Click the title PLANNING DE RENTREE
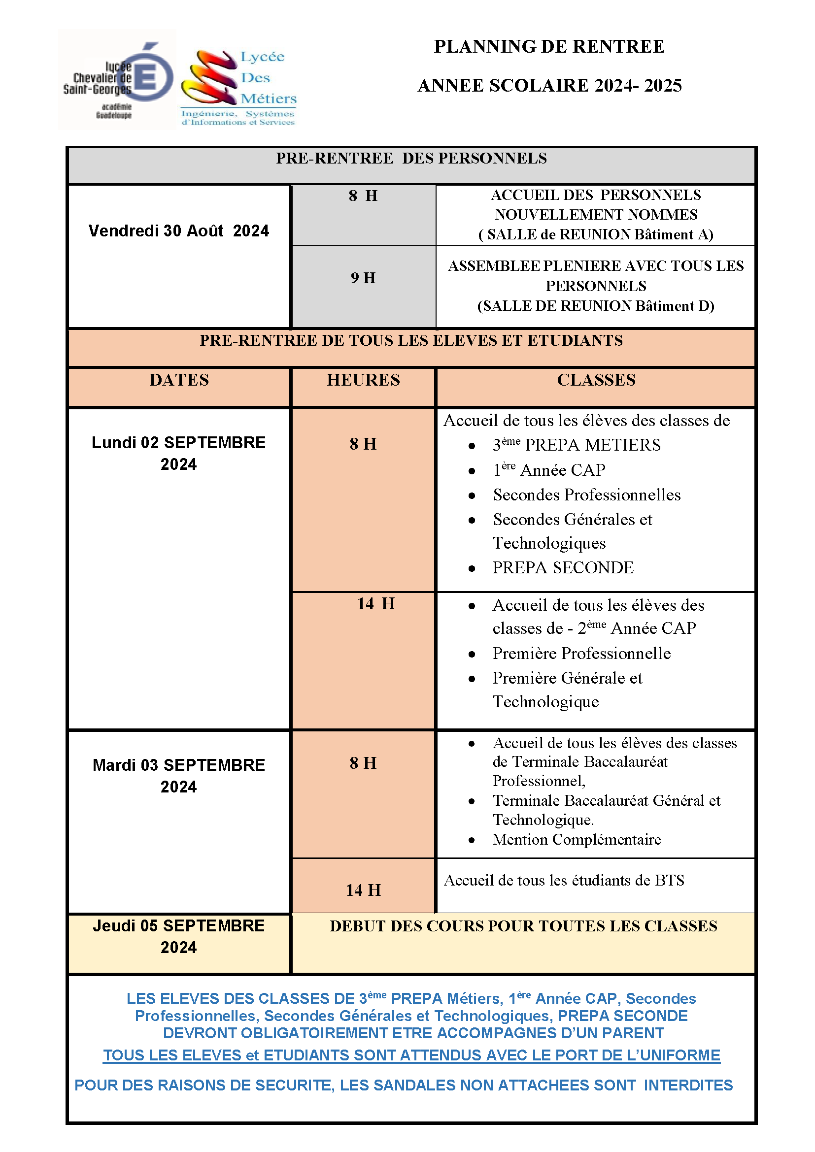click(549, 47)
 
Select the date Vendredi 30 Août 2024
click(179, 231)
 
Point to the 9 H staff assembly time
click(363, 278)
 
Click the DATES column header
click(179, 380)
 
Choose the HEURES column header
click(363, 380)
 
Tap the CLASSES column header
click(596, 380)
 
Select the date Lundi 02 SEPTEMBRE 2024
click(179, 453)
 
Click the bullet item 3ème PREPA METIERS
click(576, 445)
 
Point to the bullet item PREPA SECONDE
click(563, 568)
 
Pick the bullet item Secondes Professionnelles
click(587, 494)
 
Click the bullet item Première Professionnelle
click(581, 653)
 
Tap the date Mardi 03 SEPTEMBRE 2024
click(179, 776)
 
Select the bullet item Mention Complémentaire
click(577, 839)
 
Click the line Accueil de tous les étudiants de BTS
click(564, 880)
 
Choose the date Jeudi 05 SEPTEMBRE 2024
click(179, 936)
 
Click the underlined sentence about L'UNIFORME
click(411, 1055)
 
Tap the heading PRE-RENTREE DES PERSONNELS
click(411, 159)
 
